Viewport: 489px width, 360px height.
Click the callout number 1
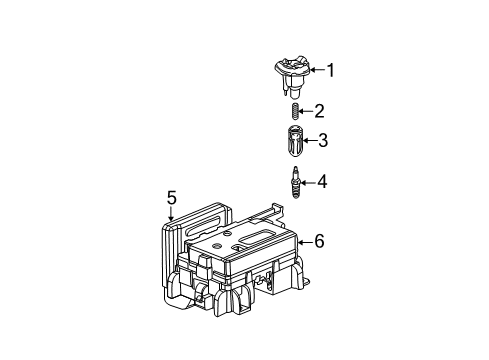[332, 70]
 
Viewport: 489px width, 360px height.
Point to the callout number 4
[323, 182]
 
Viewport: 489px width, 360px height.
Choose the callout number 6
[320, 240]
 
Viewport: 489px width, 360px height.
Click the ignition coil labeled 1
[292, 71]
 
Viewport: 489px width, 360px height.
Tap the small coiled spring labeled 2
[294, 111]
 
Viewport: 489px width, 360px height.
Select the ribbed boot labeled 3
[294, 141]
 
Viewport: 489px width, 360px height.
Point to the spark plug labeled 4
[295, 183]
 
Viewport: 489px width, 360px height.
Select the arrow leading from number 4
[310, 182]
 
